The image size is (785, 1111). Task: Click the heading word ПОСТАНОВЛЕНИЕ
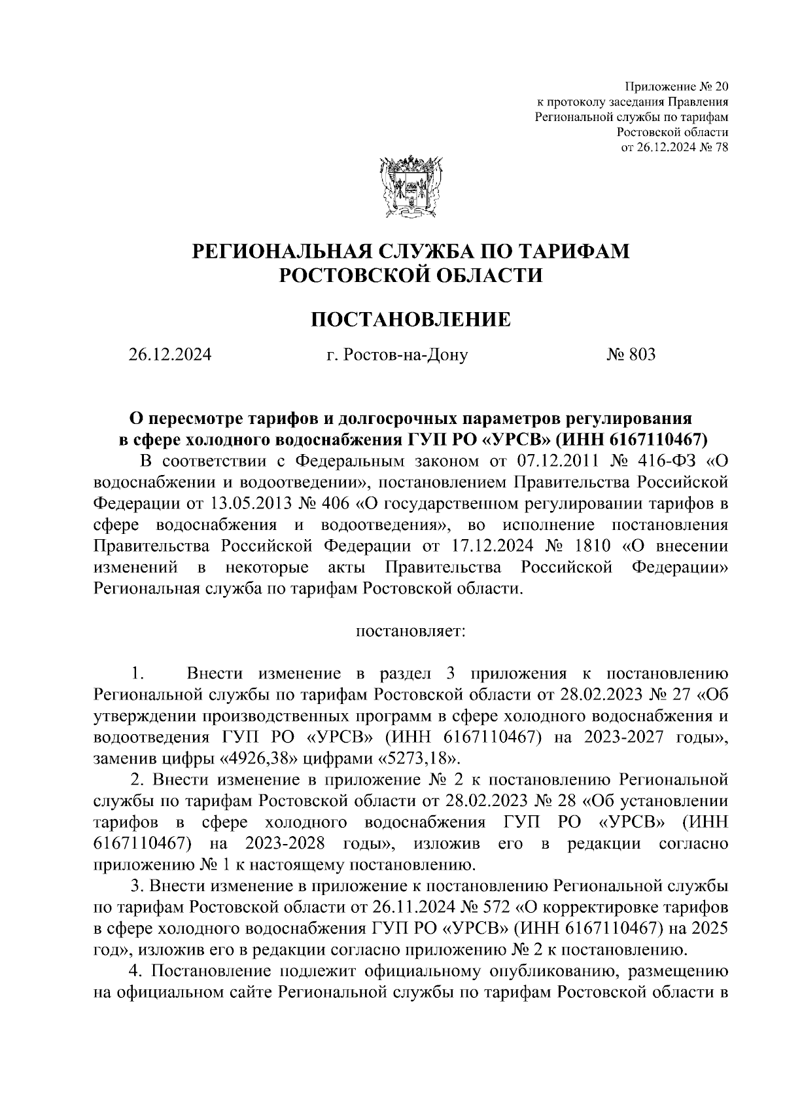[x=410, y=320]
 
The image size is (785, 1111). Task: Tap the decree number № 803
[x=631, y=355]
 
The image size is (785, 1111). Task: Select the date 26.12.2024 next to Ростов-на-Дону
[x=169, y=355]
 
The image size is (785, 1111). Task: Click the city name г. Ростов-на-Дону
[x=397, y=355]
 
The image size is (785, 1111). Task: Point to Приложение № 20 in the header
[x=676, y=87]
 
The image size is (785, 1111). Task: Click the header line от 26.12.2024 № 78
[x=674, y=147]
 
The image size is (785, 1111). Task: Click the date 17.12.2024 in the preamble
[x=495, y=546]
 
